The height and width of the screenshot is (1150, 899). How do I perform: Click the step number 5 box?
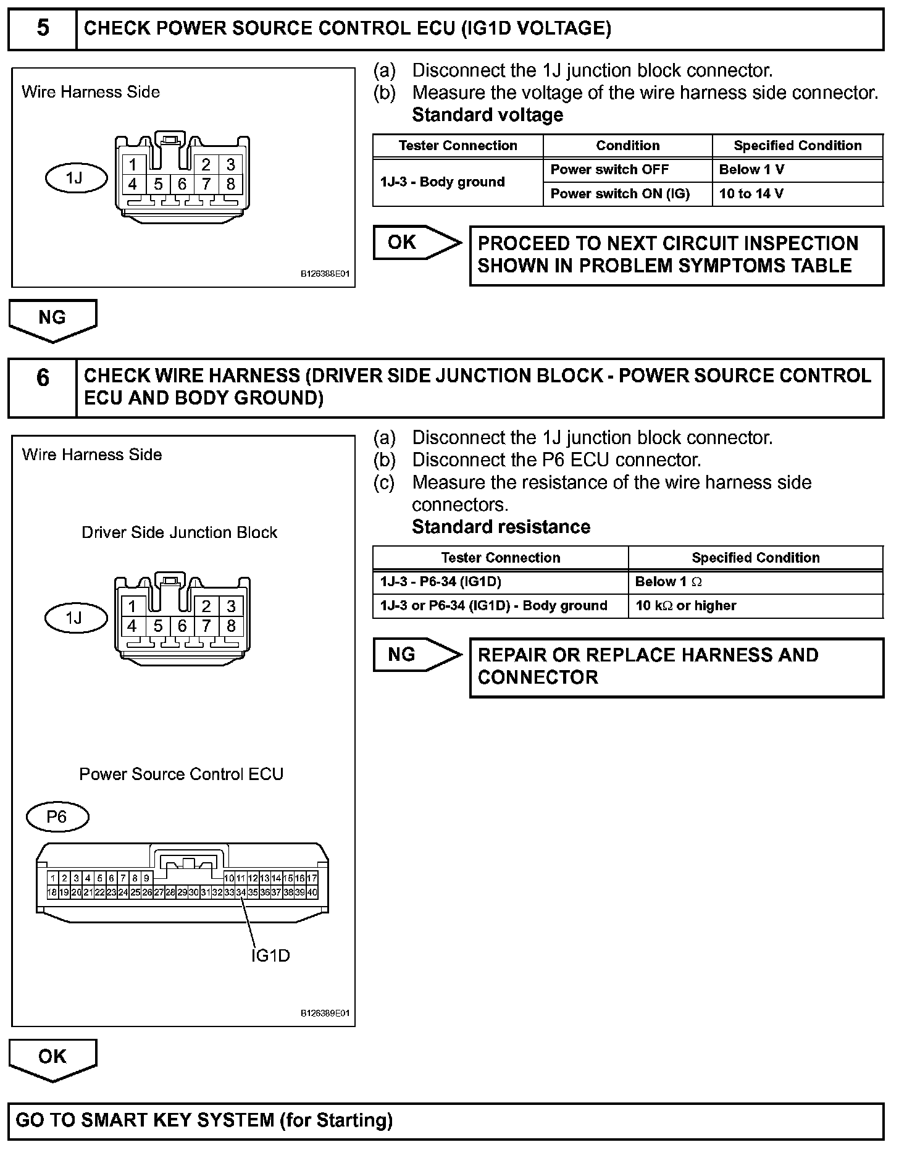43,29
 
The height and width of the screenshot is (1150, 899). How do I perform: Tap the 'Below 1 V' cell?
798,170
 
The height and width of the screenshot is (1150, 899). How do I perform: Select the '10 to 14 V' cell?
798,194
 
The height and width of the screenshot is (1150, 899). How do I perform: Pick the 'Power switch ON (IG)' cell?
627,194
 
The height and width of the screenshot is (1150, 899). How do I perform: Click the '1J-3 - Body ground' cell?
458,182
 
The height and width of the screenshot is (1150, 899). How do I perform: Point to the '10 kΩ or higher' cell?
756,606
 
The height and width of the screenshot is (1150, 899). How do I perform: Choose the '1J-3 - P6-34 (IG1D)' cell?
500,582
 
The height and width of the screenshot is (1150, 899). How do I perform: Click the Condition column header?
627,146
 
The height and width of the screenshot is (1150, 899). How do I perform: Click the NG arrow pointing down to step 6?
52,319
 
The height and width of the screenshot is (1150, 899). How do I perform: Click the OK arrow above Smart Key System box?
52,1058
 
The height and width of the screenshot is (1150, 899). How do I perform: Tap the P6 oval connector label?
57,818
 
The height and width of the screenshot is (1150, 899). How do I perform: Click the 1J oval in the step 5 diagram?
76,178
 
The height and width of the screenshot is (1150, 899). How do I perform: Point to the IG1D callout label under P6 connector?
270,956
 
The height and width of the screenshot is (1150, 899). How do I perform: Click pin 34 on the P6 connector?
241,892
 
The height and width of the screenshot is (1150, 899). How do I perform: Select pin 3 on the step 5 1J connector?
231,164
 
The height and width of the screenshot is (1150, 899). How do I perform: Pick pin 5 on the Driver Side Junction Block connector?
158,626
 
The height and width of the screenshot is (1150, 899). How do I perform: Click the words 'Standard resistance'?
501,527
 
